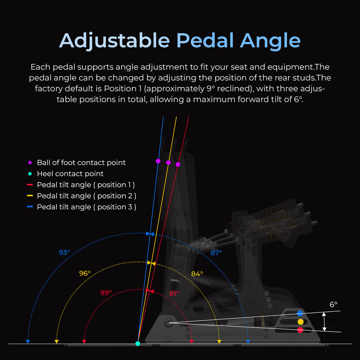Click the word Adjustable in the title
pos(115,40)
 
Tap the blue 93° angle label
pos(64,253)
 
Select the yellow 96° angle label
pos(85,273)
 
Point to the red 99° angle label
pos(106,293)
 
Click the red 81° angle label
pos(174,293)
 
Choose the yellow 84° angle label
pos(197,274)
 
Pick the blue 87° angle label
pos(216,253)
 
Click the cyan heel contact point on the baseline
pos(138,343)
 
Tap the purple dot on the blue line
pos(158,161)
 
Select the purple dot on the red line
pos(178,164)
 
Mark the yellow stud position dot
pos(300,322)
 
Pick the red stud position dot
pos(300,330)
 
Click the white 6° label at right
pos(333,304)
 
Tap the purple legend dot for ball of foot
pos(30,162)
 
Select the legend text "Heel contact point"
pos(70,174)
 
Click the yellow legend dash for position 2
pos(30,196)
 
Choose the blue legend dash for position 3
pos(30,207)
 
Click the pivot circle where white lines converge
pos(168,322)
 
